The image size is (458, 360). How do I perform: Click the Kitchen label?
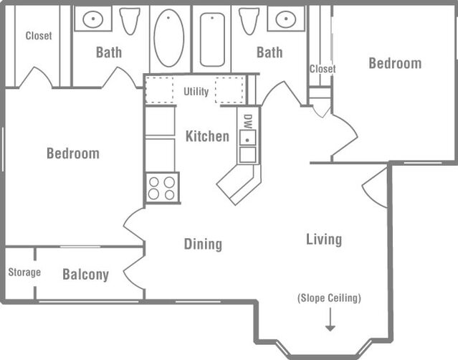(x=207, y=136)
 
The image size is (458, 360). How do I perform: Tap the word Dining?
(x=203, y=245)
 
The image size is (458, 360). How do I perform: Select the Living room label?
(x=323, y=240)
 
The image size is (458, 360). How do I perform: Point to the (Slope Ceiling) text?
(x=330, y=298)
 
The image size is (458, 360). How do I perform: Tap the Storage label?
(x=24, y=273)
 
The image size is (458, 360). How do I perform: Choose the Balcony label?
(x=85, y=275)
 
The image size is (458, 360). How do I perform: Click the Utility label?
(x=196, y=92)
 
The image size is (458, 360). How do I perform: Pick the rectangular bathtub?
(x=212, y=39)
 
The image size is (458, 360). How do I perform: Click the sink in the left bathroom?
(x=93, y=19)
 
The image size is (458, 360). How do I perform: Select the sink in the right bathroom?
(x=285, y=19)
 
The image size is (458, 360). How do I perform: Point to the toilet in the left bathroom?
(x=130, y=21)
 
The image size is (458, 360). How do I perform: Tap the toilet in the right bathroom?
(x=249, y=21)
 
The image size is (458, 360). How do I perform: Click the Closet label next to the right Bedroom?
(x=323, y=69)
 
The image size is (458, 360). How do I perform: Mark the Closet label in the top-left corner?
(x=39, y=36)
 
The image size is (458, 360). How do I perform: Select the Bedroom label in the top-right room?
(x=395, y=63)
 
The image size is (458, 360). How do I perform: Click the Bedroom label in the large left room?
(x=72, y=153)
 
